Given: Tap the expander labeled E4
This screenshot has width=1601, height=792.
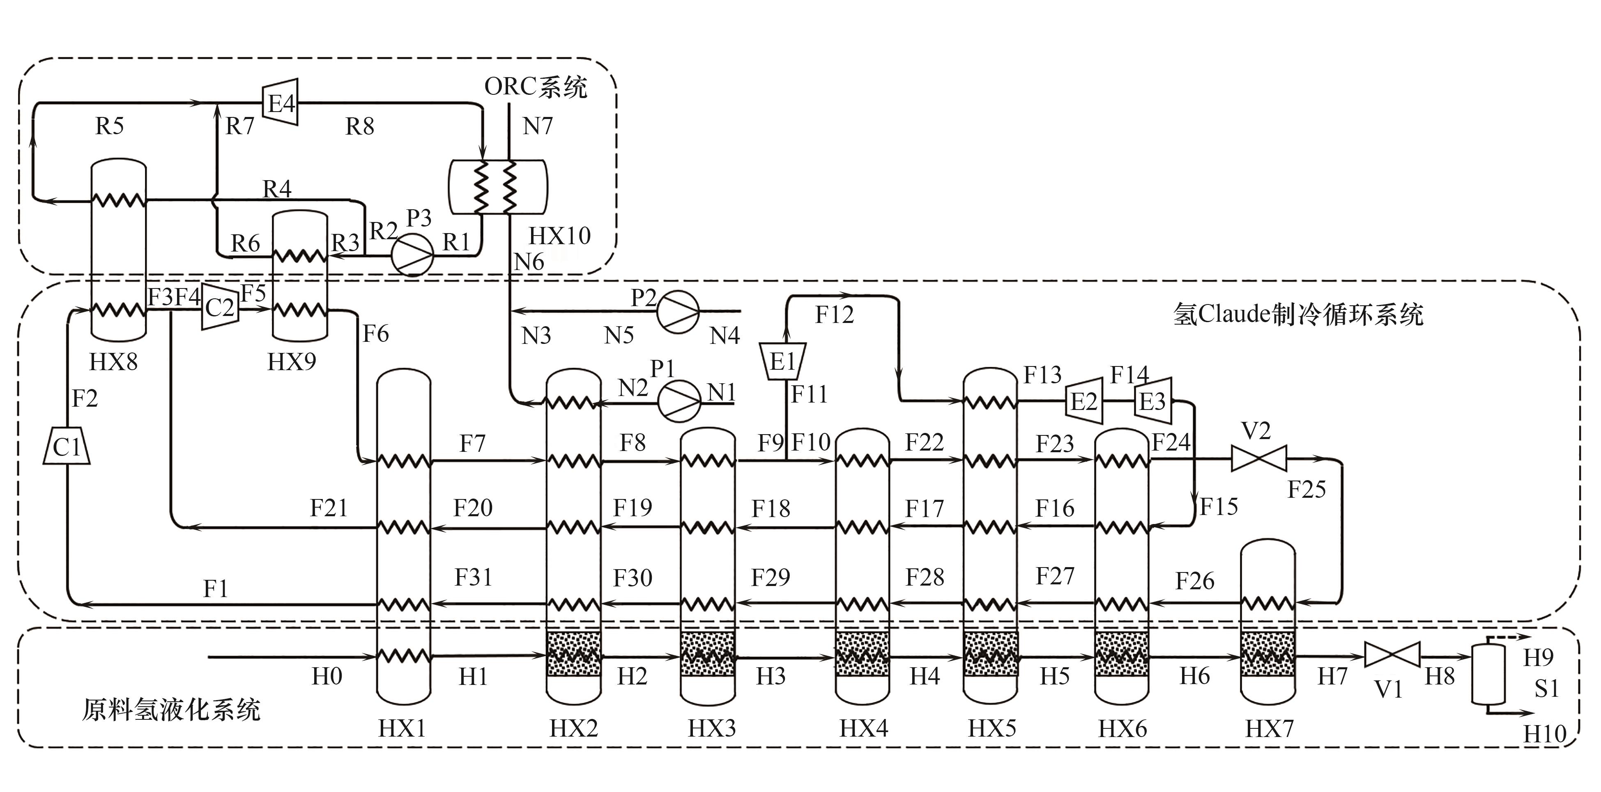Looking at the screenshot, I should (x=281, y=102).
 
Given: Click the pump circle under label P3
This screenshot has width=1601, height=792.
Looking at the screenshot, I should (x=412, y=255).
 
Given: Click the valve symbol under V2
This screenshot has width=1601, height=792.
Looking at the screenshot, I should (x=1258, y=460).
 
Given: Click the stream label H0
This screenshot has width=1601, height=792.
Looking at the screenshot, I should (x=326, y=676).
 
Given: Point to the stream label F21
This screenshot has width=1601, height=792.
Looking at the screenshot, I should (x=329, y=508).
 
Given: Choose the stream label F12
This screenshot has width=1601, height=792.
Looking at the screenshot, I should (x=834, y=315).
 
